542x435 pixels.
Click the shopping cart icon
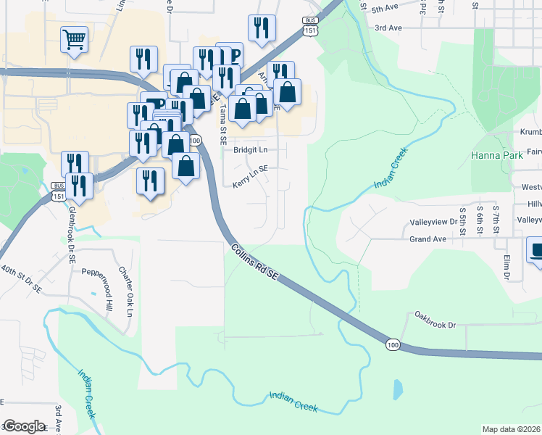(75, 39)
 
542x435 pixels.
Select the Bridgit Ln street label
(250, 150)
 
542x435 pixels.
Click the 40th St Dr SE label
(20, 279)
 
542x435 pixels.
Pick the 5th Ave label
(386, 9)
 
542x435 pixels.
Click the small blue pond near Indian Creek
(397, 389)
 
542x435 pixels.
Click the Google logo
(24, 426)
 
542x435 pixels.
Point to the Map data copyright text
(511, 429)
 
